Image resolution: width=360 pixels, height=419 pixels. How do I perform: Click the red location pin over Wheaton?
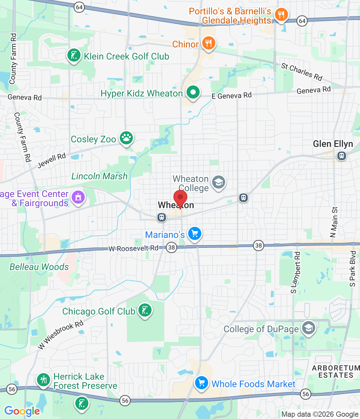(180, 198)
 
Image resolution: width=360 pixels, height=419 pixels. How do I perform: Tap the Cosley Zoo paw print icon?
(126, 138)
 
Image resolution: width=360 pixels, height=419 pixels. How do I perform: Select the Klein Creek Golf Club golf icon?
(74, 55)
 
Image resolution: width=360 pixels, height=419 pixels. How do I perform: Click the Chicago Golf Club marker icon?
(144, 310)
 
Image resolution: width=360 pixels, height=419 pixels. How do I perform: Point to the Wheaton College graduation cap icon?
(218, 182)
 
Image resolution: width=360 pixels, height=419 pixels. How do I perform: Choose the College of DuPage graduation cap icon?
(308, 328)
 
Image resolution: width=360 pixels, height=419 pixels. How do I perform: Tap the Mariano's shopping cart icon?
(195, 234)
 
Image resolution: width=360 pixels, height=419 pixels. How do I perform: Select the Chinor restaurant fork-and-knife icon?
(208, 43)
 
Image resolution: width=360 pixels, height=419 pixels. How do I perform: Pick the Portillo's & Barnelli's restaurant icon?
(281, 14)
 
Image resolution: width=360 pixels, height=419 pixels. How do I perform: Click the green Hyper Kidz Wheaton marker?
(193, 92)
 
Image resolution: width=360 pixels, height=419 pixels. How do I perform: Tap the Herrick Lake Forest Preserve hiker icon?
(44, 380)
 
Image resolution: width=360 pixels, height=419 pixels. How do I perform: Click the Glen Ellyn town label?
(333, 144)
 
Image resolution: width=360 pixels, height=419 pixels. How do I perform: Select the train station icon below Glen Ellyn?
(342, 156)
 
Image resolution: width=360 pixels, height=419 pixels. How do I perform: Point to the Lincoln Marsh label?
(99, 176)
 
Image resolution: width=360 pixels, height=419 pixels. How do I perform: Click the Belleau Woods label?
(39, 267)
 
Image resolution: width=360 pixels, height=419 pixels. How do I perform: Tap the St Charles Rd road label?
(302, 72)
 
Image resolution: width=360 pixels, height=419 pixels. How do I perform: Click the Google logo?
(22, 411)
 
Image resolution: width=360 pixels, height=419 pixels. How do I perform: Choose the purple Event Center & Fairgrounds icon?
(78, 197)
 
